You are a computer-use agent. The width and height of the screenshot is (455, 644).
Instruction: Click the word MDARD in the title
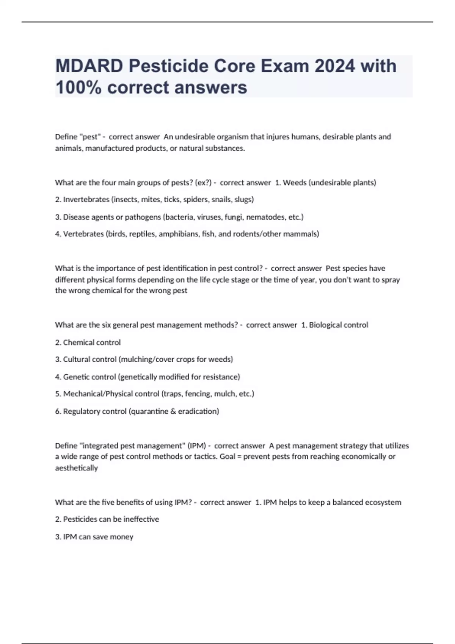(x=89, y=66)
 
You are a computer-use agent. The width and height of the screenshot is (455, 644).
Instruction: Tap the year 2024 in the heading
(x=334, y=66)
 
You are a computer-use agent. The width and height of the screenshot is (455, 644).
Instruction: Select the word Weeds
(x=295, y=183)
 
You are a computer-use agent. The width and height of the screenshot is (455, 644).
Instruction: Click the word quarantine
(x=149, y=411)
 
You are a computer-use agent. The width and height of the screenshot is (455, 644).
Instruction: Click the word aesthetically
(x=76, y=468)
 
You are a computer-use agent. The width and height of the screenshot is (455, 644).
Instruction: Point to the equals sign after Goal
(x=239, y=457)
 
